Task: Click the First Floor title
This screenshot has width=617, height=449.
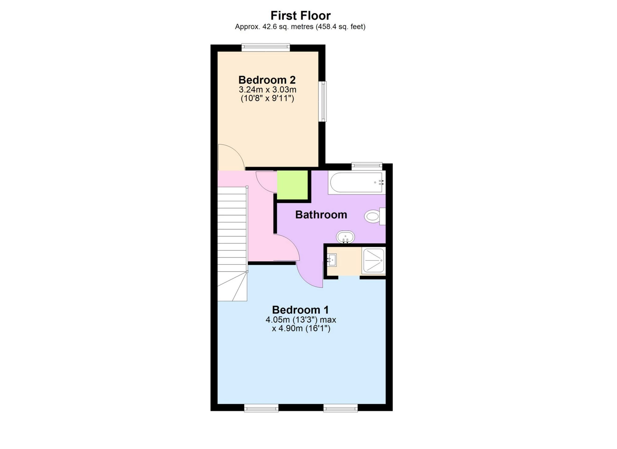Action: [300, 16]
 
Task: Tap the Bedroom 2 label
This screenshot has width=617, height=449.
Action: [267, 80]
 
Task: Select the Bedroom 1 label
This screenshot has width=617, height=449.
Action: [300, 310]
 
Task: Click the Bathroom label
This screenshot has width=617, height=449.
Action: [321, 215]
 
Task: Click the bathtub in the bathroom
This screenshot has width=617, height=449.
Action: [356, 182]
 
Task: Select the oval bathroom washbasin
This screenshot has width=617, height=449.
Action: [346, 237]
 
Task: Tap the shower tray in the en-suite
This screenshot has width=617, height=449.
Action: [374, 261]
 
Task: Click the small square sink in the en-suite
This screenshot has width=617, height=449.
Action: [332, 260]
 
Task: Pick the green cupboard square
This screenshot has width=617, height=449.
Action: [292, 185]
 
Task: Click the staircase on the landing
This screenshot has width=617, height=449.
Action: [232, 244]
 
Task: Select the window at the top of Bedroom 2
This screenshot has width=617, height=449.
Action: [266, 47]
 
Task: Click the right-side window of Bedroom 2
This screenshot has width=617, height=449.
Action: [322, 102]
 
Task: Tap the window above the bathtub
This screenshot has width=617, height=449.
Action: [367, 166]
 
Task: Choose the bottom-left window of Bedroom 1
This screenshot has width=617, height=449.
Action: [261, 408]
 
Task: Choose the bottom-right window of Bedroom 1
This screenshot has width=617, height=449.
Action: [341, 408]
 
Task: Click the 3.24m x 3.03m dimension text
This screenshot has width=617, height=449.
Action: [268, 90]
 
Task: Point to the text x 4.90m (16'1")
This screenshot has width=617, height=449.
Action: [301, 329]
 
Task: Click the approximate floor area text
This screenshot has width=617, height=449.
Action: [300, 27]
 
